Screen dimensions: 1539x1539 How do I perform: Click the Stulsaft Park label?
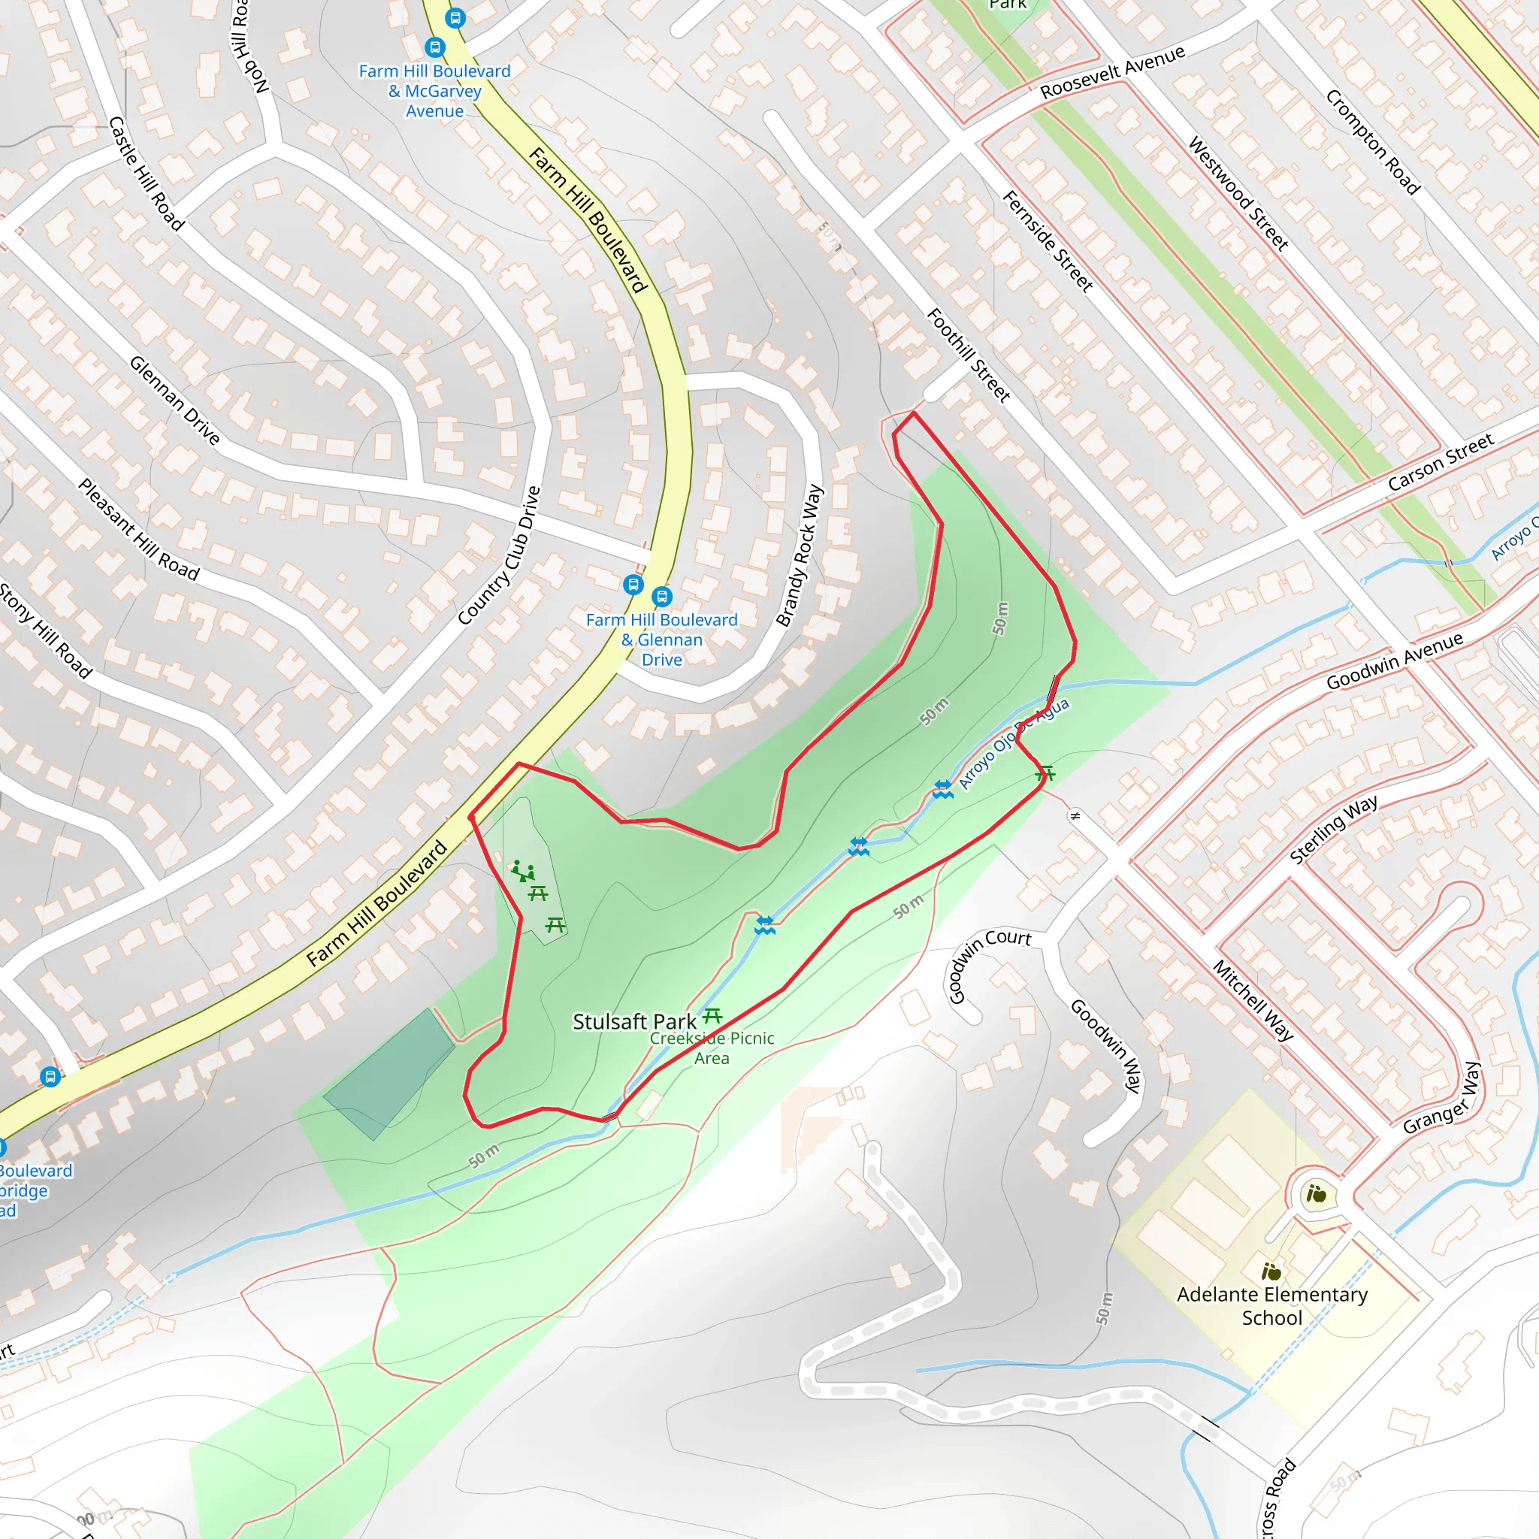634,1022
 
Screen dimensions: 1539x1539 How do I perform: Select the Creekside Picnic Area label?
712,1048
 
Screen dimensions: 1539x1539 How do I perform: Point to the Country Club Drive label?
500,555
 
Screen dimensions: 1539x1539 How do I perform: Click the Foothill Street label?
968,355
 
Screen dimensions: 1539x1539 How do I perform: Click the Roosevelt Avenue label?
1112,72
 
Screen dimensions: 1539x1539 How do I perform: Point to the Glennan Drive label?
174,400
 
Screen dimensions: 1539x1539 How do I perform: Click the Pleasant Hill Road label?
138,529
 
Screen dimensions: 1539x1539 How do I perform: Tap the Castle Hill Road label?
147,174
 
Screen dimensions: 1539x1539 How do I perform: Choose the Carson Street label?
1441,462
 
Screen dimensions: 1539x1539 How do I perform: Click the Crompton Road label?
1372,142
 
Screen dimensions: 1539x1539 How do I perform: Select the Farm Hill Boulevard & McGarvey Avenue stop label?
434,91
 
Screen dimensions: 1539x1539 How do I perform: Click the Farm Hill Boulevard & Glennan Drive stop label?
661,639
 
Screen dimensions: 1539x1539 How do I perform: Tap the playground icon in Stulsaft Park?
522,871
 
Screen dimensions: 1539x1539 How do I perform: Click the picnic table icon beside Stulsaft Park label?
712,1016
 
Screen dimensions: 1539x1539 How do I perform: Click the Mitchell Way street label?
1252,999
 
